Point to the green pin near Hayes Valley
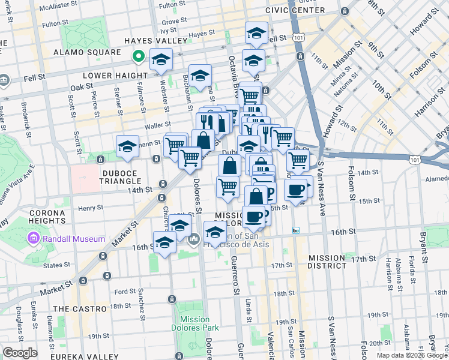(138, 57)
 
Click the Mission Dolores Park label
(194, 324)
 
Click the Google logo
(20, 353)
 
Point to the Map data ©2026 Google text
(411, 355)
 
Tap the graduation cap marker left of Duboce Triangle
(127, 146)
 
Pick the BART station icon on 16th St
(295, 230)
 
